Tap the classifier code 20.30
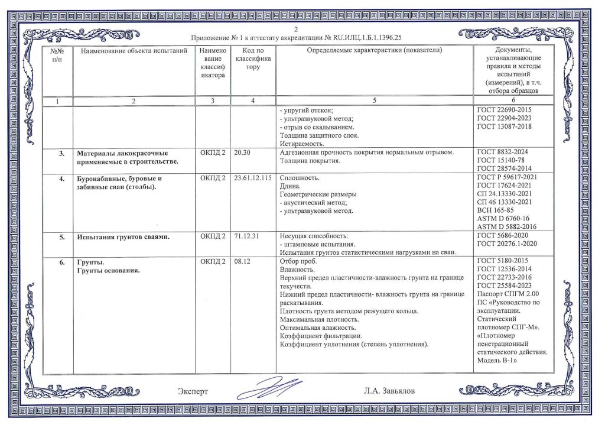click(x=243, y=153)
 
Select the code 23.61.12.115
click(x=253, y=178)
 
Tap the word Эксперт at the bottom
click(x=193, y=391)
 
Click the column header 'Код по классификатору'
click(x=253, y=59)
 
